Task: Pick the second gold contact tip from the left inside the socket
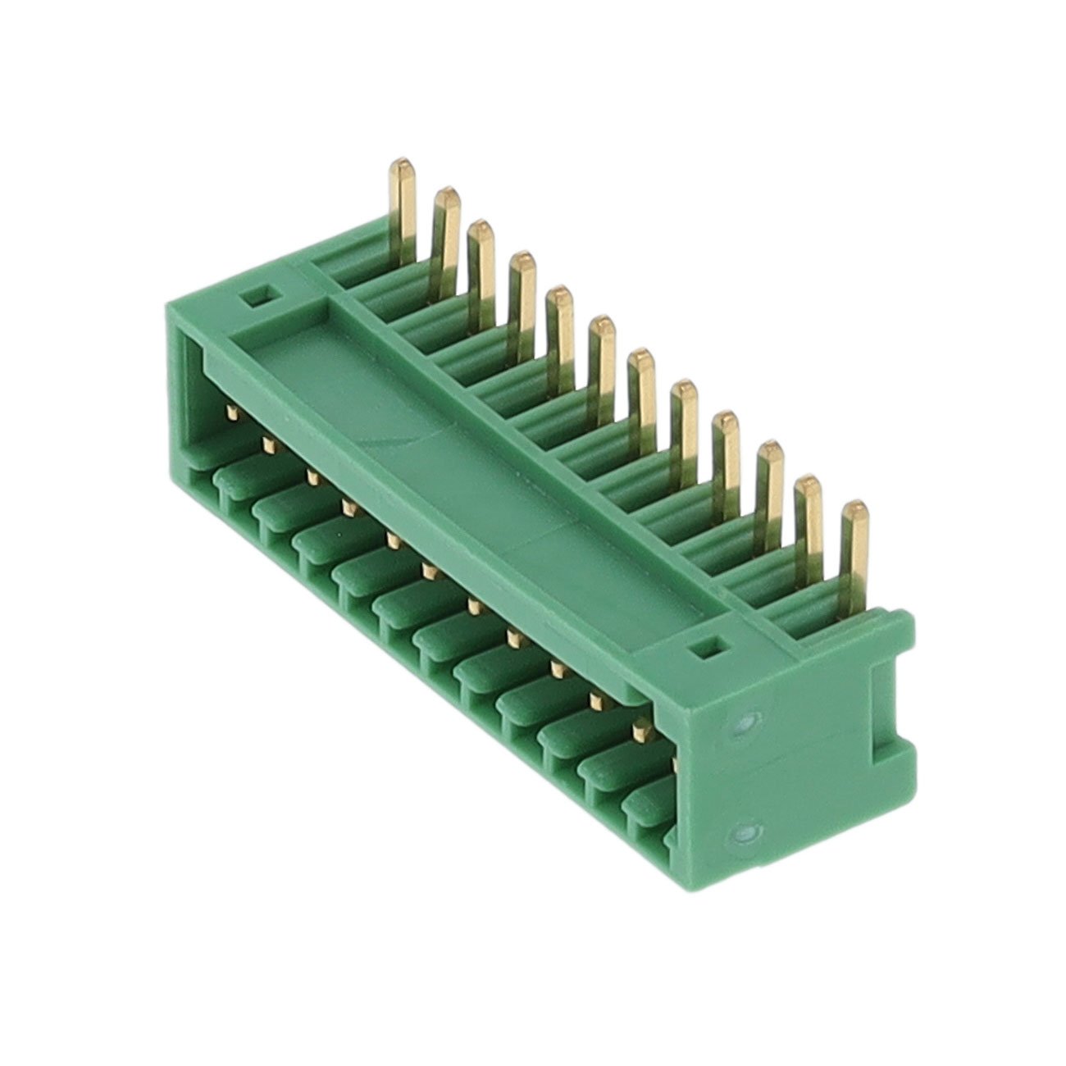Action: pos(267,444)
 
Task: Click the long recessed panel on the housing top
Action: pos(459,443)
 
